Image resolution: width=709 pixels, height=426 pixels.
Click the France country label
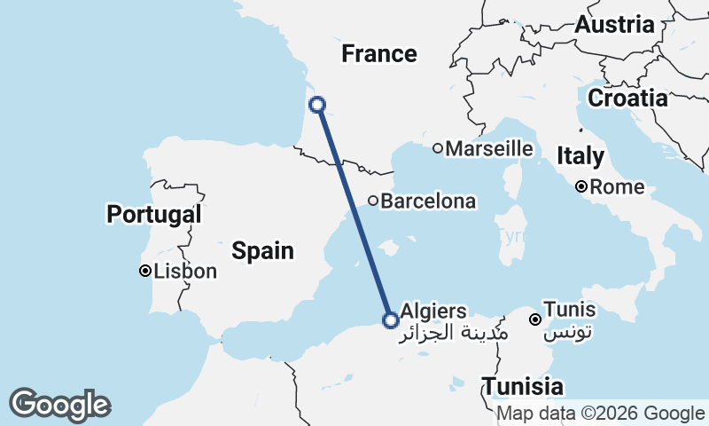[x=379, y=54]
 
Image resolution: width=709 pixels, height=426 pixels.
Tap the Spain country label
[x=262, y=251]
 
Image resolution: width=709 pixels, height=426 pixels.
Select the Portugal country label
[x=154, y=214]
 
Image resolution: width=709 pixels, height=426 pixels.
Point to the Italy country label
[x=580, y=157]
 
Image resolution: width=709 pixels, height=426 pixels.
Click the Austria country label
[x=614, y=25]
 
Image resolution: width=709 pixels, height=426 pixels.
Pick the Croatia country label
[x=627, y=99]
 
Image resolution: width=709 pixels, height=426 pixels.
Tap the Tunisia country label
[x=523, y=387]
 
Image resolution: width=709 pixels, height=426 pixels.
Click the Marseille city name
[x=489, y=149]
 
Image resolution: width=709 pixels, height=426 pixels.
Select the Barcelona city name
[x=428, y=201]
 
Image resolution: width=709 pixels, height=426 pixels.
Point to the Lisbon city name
[x=185, y=272]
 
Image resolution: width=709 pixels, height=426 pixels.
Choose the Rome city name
[x=617, y=187]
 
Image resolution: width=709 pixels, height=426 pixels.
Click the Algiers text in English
[x=433, y=311]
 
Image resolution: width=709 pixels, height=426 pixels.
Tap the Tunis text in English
[x=572, y=311]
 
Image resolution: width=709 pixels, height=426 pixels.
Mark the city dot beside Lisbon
[x=144, y=271]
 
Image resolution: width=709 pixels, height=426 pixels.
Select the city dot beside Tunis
[x=535, y=319]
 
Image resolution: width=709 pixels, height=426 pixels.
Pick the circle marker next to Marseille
[x=437, y=148]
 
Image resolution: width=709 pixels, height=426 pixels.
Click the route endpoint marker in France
[x=317, y=106]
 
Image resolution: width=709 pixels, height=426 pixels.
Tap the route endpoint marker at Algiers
[x=390, y=320]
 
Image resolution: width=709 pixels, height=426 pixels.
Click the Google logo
[x=59, y=405]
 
